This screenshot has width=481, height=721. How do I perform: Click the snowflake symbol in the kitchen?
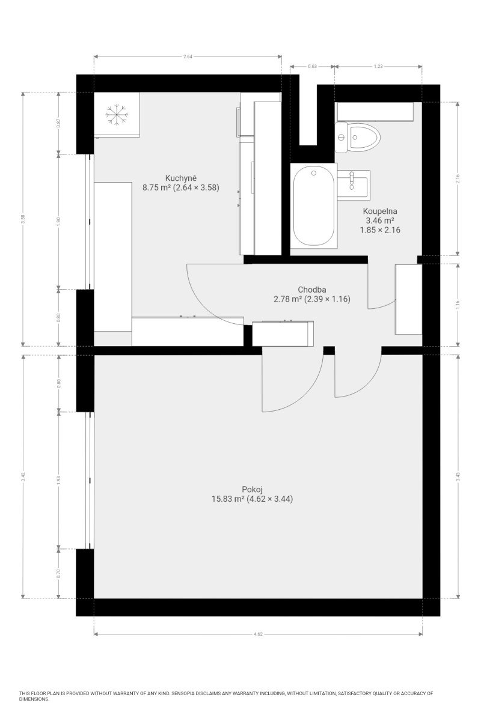(x=117, y=114)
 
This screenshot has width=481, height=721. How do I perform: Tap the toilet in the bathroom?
(x=357, y=138)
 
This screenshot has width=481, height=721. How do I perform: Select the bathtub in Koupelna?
(x=313, y=205)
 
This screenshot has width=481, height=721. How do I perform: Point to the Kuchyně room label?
(x=181, y=178)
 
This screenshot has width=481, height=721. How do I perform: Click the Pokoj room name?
(x=253, y=490)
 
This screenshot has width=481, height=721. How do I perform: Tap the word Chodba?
(x=311, y=290)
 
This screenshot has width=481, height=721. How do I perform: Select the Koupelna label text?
(x=380, y=211)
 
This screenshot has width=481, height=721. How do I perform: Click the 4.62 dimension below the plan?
(x=258, y=634)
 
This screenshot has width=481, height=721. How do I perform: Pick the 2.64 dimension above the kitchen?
(x=188, y=56)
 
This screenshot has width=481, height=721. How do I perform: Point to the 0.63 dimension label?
(x=312, y=66)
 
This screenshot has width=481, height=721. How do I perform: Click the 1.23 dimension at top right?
(x=378, y=66)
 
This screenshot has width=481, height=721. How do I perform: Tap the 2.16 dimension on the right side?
(x=458, y=178)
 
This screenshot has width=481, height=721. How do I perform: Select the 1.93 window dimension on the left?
(x=58, y=480)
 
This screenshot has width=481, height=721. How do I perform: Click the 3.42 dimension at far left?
(x=23, y=476)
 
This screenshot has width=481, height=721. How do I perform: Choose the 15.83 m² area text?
(x=227, y=499)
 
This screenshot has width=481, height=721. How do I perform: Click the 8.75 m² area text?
(x=156, y=187)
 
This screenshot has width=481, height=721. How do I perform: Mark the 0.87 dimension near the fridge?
(x=58, y=123)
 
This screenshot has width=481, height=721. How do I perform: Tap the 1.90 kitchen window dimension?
(x=58, y=222)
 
